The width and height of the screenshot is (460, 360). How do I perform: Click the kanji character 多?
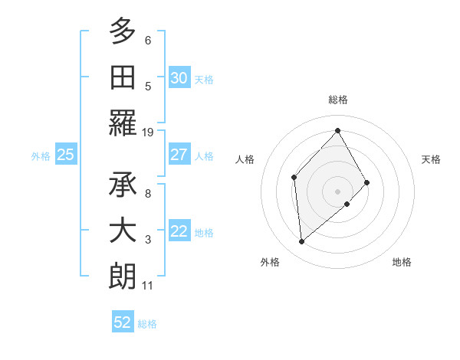click(123, 31)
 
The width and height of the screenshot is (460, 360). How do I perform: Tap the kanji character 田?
click(123, 77)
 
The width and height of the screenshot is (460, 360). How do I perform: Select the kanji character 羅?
click(123, 123)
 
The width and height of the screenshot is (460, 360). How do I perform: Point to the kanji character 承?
click(123, 183)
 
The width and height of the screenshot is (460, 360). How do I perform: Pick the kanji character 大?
click(123, 230)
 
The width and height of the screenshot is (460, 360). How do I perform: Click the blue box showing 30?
click(179, 77)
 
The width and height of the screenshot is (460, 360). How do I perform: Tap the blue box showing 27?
click(179, 155)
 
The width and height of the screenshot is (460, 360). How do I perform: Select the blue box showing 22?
click(179, 231)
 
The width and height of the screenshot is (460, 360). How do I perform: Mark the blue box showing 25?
click(66, 155)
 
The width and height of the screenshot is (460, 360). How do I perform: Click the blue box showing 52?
click(123, 322)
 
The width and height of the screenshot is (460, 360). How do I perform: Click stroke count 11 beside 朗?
click(148, 286)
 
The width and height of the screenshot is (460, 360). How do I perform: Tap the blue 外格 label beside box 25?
click(41, 155)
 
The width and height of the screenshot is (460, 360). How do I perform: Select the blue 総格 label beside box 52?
click(147, 324)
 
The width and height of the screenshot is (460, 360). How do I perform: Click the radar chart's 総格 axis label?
click(337, 100)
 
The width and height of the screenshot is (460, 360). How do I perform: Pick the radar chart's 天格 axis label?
click(432, 159)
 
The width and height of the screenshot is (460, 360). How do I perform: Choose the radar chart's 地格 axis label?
click(402, 262)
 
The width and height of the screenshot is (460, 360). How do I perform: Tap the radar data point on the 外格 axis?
click(302, 241)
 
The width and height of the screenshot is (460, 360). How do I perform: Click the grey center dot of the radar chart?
click(337, 190)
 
